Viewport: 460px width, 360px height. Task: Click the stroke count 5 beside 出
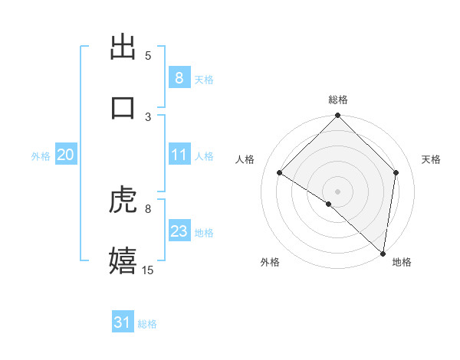pyautogui.click(x=148, y=56)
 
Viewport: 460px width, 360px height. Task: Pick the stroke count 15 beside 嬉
pyautogui.click(x=148, y=270)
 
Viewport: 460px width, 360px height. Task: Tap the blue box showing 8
pyautogui.click(x=179, y=77)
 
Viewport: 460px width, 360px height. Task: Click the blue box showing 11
pyautogui.click(x=179, y=155)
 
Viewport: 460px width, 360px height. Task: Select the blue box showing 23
pyautogui.click(x=179, y=231)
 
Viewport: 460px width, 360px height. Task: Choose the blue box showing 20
pyautogui.click(x=65, y=155)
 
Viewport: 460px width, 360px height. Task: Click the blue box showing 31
pyautogui.click(x=122, y=323)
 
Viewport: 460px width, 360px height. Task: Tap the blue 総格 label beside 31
pyautogui.click(x=147, y=324)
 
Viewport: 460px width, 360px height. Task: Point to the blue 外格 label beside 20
pyautogui.click(x=41, y=155)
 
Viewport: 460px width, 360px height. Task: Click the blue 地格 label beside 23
pyautogui.click(x=204, y=232)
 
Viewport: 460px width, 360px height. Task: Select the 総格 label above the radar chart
pyautogui.click(x=338, y=100)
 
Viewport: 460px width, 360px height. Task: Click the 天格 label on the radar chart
pyautogui.click(x=431, y=159)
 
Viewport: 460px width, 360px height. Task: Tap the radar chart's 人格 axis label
pyautogui.click(x=245, y=159)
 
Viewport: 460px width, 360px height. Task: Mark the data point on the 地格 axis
pyautogui.click(x=383, y=253)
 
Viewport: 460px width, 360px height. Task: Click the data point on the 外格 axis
pyautogui.click(x=329, y=204)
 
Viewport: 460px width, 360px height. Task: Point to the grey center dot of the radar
pyautogui.click(x=338, y=191)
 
